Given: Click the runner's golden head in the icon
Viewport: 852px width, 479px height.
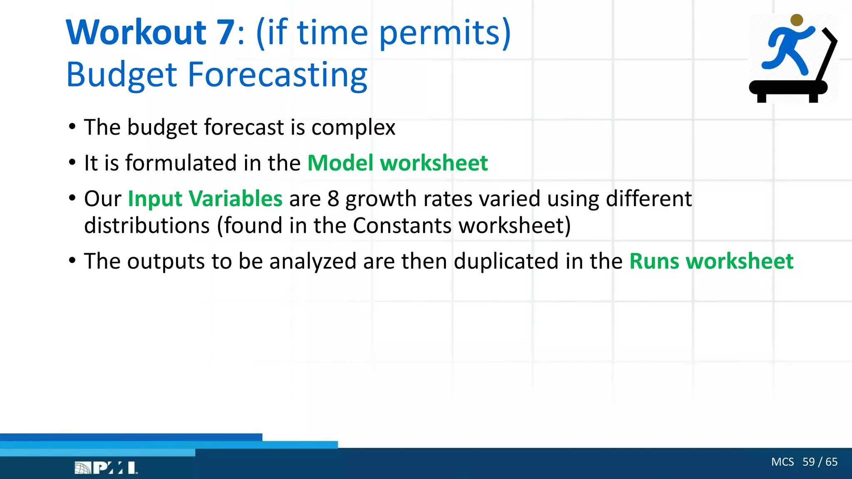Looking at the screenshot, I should click(x=796, y=20).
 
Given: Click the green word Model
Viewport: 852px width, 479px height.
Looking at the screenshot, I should click(x=340, y=163).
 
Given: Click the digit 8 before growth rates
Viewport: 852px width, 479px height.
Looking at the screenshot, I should click(x=333, y=199).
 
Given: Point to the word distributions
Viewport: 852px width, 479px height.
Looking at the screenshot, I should click(x=147, y=226).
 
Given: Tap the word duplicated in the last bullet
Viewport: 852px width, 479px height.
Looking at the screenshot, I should click(x=506, y=262).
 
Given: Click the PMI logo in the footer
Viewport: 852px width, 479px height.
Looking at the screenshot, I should click(x=106, y=468).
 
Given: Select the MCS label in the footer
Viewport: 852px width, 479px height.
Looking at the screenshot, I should click(x=782, y=462).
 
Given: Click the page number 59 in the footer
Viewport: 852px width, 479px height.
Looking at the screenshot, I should click(x=808, y=462).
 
